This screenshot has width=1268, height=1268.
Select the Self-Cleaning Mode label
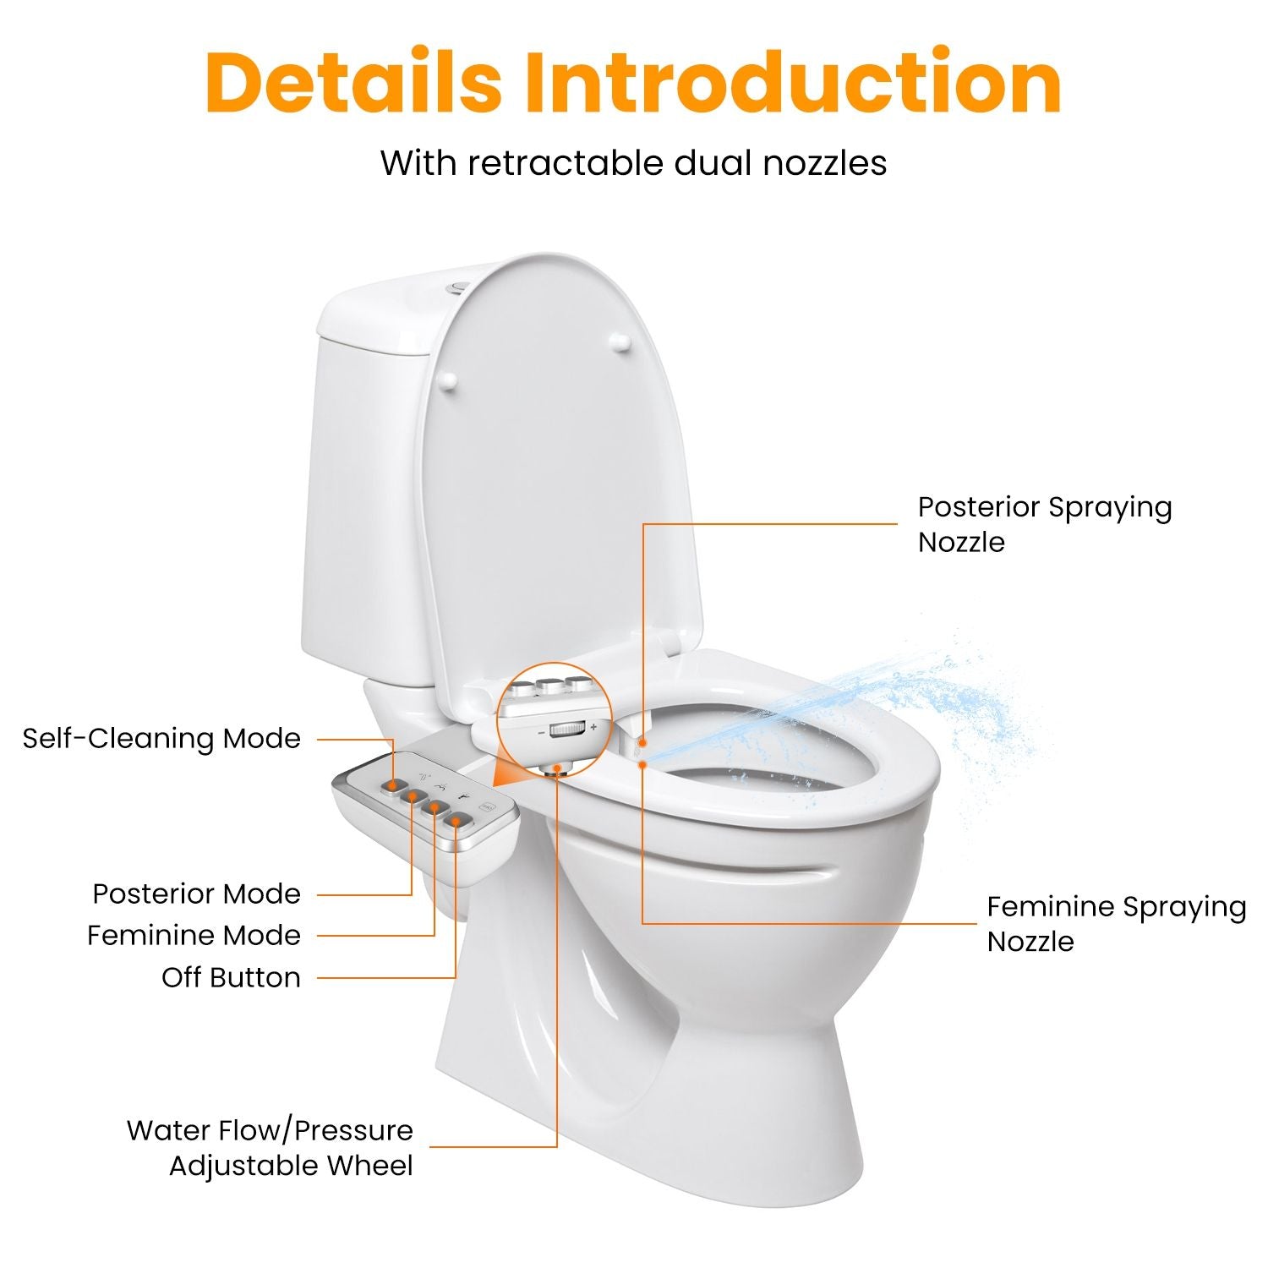pos(161,739)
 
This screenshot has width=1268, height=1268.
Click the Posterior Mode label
pos(196,894)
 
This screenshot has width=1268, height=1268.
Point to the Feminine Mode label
pos(194,935)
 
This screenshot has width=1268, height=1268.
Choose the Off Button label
pos(231,977)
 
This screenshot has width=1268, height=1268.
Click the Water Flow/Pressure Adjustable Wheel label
pos(270,1148)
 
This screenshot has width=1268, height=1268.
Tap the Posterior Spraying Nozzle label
pos(1045,524)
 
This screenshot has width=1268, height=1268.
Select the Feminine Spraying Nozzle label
pos(1117,923)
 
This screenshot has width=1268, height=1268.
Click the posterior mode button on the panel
pos(413,796)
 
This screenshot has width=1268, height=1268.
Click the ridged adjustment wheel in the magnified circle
pos(567,729)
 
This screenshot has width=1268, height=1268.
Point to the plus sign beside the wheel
pos(593,727)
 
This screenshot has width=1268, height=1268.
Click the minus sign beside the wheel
pos(542,733)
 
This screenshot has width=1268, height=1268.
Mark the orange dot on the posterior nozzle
pos(643,742)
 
